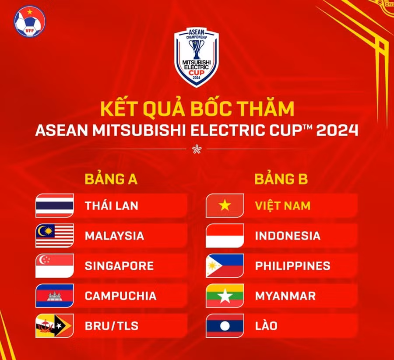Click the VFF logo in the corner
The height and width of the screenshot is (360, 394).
(x=29, y=21)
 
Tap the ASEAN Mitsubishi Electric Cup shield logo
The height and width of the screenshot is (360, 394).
(x=196, y=57)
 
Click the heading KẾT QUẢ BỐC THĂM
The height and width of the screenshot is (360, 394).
(x=197, y=109)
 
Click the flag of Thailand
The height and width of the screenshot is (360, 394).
(x=55, y=206)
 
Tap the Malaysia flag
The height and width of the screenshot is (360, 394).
(x=55, y=236)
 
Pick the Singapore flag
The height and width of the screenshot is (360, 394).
(x=55, y=266)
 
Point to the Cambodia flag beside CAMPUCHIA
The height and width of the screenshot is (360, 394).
(x=55, y=296)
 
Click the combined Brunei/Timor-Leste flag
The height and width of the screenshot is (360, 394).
(x=55, y=326)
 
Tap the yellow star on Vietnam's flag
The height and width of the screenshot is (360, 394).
(x=225, y=206)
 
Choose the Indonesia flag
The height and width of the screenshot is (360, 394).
(x=225, y=236)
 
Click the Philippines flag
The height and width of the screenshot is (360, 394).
(x=225, y=266)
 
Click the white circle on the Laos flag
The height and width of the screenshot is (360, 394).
(x=225, y=326)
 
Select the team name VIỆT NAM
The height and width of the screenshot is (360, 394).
(x=282, y=206)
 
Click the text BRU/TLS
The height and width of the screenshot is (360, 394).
(x=111, y=326)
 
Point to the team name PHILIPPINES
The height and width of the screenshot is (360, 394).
(x=292, y=266)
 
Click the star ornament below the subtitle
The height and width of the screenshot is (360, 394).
(x=196, y=149)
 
